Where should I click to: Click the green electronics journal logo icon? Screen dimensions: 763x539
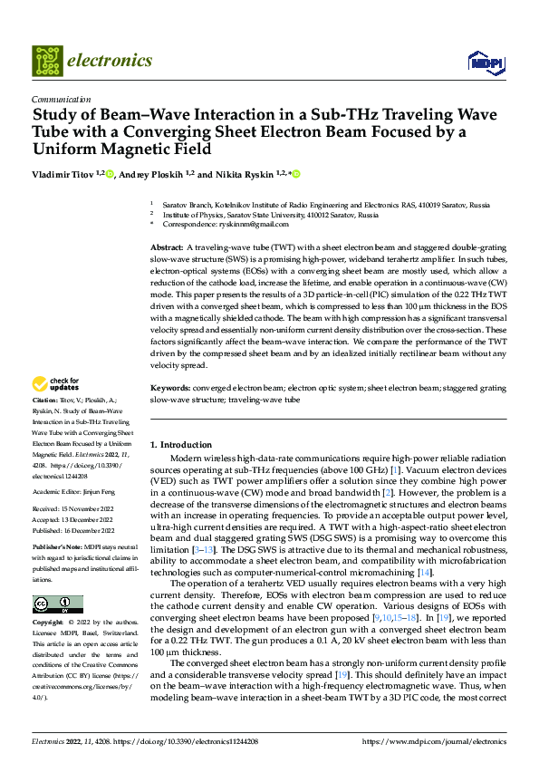pos(47,61)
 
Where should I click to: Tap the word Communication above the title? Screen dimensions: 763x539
pos(61,100)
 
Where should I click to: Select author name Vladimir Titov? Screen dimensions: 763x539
pos(63,174)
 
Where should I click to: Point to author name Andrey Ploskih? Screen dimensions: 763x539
pos(149,174)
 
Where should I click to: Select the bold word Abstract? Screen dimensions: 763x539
pos(167,247)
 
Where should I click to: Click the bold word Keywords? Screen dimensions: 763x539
pos(170,388)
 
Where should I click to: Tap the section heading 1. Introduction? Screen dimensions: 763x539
pos(180,445)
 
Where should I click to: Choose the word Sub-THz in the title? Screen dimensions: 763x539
pos(337,116)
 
